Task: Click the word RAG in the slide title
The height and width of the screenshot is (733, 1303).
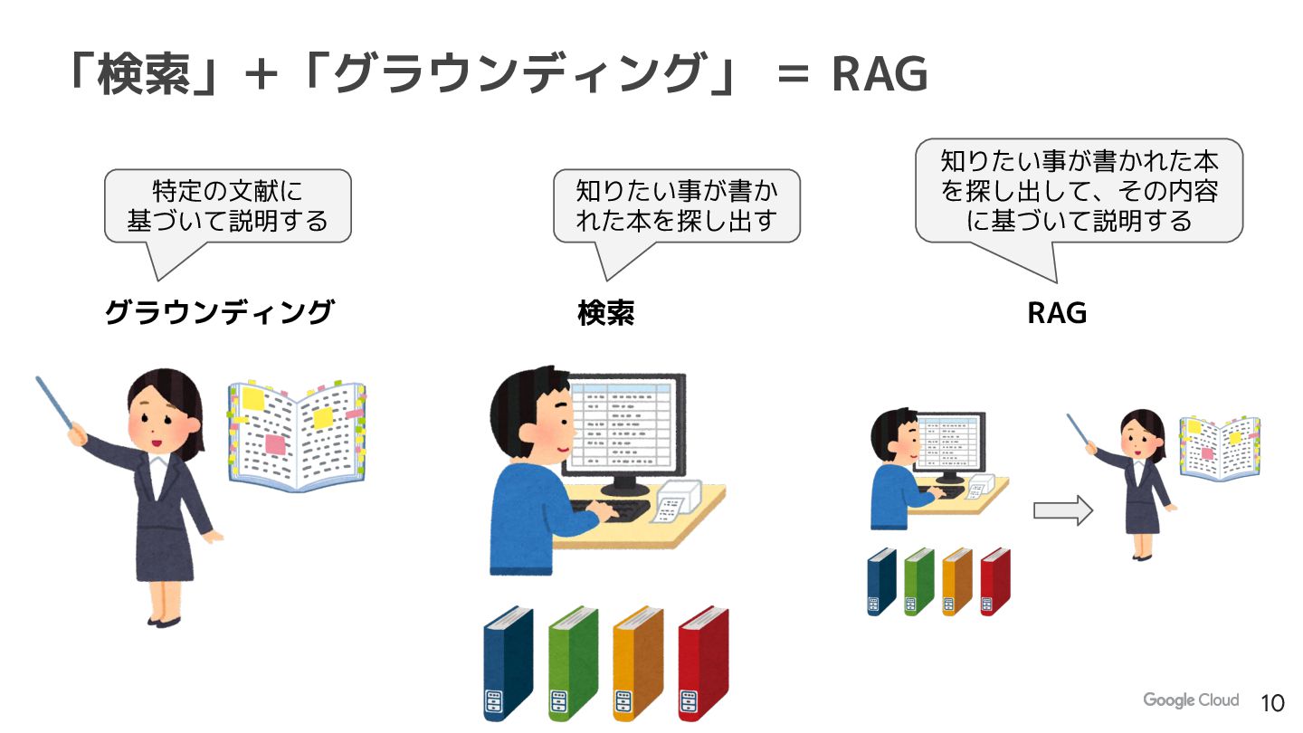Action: click(880, 74)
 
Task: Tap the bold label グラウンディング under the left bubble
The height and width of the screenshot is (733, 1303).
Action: click(219, 313)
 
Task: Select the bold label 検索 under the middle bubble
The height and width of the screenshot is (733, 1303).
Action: click(605, 313)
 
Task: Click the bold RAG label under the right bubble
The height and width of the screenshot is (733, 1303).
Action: click(1056, 313)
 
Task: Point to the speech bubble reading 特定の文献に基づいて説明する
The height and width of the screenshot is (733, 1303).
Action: click(227, 206)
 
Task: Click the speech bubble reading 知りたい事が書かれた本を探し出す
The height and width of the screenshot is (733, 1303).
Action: click(676, 206)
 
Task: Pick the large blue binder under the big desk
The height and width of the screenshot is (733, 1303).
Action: click(508, 663)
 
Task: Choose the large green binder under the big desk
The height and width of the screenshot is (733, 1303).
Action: click(573, 663)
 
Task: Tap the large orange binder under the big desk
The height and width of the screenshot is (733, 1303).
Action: click(638, 663)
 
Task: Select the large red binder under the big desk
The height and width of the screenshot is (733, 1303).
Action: click(703, 663)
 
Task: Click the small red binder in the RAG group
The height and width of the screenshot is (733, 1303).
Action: click(994, 581)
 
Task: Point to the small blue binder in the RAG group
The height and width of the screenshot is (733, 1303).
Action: click(881, 581)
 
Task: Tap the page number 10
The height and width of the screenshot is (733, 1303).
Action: click(1272, 703)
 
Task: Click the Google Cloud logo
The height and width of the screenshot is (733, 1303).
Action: click(1190, 700)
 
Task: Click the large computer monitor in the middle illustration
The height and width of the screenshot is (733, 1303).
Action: click(623, 425)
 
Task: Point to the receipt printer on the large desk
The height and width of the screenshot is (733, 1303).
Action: click(679, 500)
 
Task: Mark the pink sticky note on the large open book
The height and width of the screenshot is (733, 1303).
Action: click(276, 443)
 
